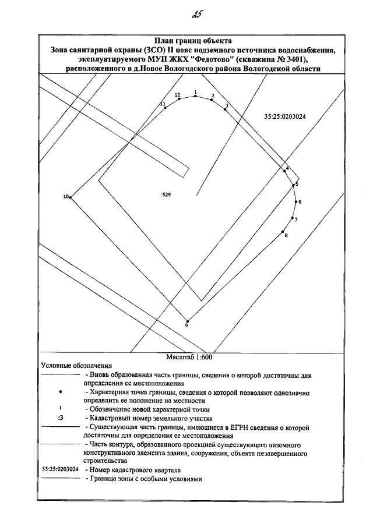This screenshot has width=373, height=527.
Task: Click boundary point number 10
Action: (71, 198)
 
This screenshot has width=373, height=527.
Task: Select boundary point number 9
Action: (187, 320)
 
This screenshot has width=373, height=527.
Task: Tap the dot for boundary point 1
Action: (195, 96)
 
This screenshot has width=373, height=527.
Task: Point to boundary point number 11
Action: (165, 108)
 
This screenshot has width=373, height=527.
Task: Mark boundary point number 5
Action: (294, 186)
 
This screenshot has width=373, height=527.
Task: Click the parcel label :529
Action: (166, 195)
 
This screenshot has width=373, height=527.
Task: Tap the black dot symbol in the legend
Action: (61, 393)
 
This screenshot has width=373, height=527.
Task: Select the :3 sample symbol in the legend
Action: (61, 418)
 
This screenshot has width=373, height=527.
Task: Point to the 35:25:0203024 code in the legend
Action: (61, 469)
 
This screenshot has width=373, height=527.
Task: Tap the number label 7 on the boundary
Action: (296, 220)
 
